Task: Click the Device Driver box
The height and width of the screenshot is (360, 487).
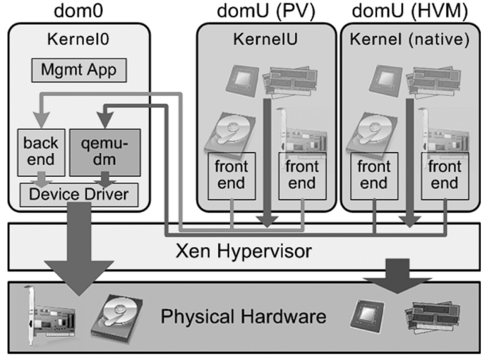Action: (79, 193)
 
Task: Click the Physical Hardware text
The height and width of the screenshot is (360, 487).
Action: (243, 316)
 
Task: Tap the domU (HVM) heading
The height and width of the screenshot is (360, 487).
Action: (409, 11)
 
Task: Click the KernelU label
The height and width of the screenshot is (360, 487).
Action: (265, 40)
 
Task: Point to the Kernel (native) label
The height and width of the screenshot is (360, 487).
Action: (409, 40)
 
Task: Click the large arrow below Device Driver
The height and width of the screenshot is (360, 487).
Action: (79, 251)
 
